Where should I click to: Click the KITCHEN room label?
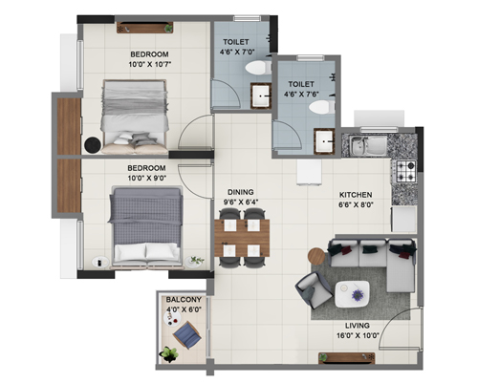[356, 195]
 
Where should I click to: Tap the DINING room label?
[241, 192]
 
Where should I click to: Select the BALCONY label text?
[184, 300]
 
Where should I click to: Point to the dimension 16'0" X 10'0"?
[358, 335]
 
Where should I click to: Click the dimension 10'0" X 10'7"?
[150, 64]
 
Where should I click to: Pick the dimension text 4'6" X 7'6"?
[301, 94]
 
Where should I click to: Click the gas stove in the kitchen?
[406, 171]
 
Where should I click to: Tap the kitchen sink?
[368, 146]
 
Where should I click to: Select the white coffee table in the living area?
[352, 294]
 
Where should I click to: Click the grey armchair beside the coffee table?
[315, 290]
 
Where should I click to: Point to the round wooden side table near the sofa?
[316, 255]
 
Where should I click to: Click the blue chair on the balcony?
[187, 335]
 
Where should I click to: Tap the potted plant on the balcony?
[169, 354]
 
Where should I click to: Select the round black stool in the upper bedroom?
[93, 145]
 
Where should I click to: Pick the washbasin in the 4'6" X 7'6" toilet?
[324, 141]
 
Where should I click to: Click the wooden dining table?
[242, 238]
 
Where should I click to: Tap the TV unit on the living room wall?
[347, 358]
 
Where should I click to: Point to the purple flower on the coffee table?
[358, 295]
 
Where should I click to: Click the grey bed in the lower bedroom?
[145, 226]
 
